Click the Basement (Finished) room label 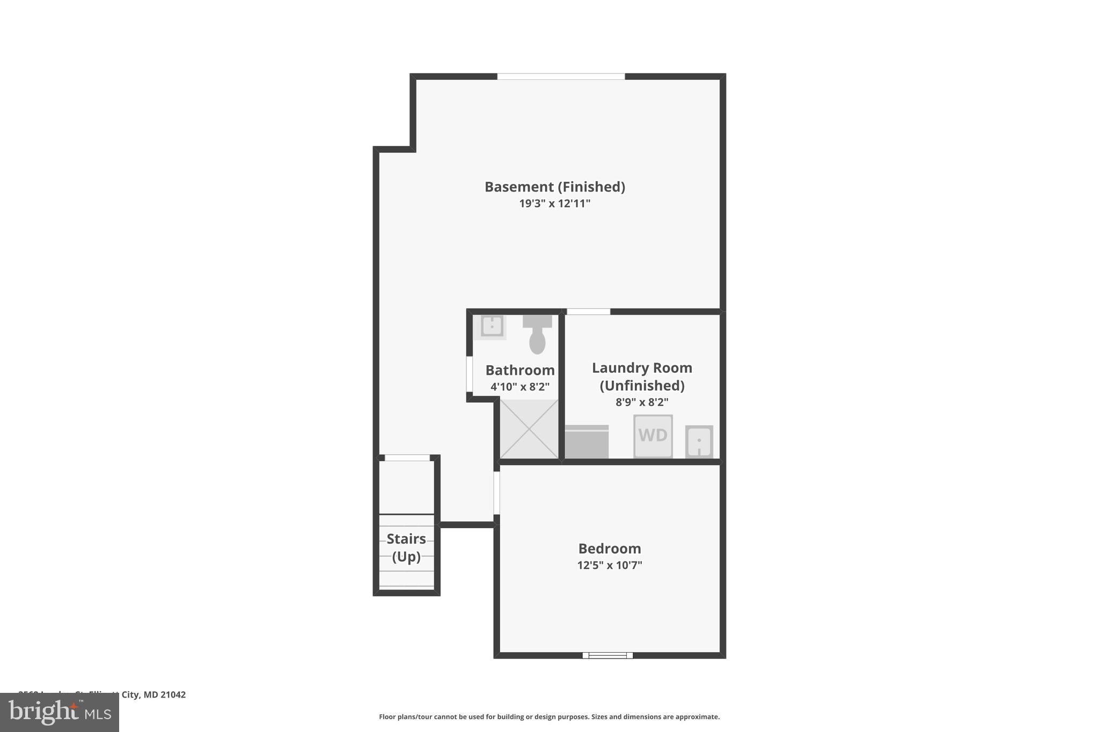pos(555,187)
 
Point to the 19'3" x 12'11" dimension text pos(555,204)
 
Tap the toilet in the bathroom pos(537,335)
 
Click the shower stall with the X pos(529,429)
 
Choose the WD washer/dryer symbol pos(653,436)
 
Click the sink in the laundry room pos(699,442)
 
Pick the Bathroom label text pos(520,370)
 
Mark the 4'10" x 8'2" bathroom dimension pos(520,387)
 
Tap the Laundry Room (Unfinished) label pos(642,376)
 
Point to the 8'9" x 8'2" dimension pos(642,402)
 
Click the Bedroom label pos(610,549)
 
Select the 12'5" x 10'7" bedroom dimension pos(610,565)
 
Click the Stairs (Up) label pos(406,548)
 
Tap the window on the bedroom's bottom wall pos(607,655)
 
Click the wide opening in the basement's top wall pos(561,77)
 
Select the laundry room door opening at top pos(589,312)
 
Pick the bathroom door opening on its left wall pos(470,374)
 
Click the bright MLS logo pos(60,712)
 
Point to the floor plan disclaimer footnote pos(549,717)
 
